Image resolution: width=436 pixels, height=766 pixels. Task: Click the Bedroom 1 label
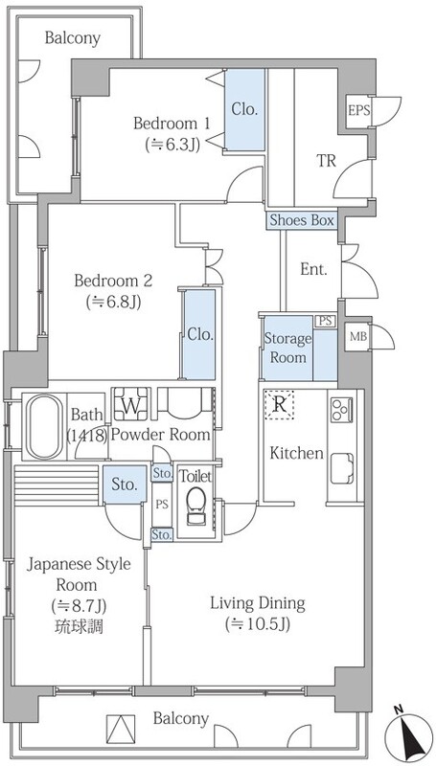coord(172,124)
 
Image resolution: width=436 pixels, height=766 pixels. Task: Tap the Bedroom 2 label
coord(113,281)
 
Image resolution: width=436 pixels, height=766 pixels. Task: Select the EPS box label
coord(358,109)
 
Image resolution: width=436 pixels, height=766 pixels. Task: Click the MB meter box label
coord(357,336)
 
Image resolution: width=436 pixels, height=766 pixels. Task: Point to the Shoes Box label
coord(302,220)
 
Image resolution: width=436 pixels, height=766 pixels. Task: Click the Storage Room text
coord(287,348)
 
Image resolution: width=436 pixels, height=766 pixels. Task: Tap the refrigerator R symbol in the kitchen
coord(279,405)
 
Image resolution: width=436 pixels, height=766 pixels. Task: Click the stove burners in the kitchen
coord(342,410)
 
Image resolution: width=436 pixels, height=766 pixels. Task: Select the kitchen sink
coord(342,468)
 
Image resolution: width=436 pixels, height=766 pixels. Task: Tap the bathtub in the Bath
coord(44,426)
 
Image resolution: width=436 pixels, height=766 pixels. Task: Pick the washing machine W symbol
coord(131,404)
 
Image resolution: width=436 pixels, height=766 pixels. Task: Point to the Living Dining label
coord(258,603)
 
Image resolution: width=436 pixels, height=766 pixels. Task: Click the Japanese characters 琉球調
coord(79,627)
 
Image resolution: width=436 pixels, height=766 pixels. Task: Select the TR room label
coord(326,160)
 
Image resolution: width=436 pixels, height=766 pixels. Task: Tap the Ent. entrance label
coord(313,269)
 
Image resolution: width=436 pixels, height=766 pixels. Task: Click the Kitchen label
coord(297,453)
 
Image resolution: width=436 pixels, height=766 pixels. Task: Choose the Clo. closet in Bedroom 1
coord(245,109)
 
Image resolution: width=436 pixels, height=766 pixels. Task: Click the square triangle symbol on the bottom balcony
coord(120,729)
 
